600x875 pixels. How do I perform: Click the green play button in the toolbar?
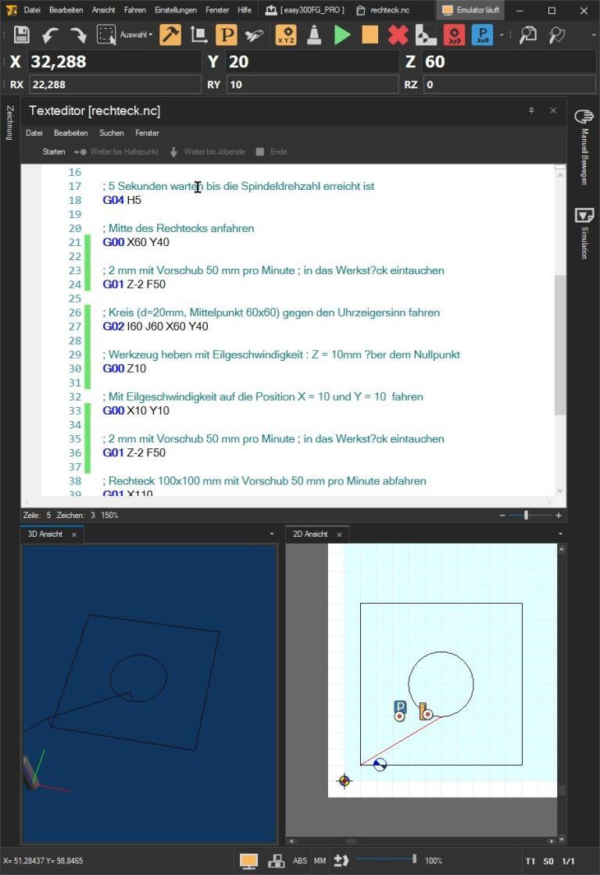pos(342,35)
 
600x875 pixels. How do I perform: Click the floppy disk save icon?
pos(21,35)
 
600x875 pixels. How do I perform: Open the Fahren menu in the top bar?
pos(134,10)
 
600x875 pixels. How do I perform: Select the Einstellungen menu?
pos(176,10)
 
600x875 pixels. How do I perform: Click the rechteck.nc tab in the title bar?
pos(389,10)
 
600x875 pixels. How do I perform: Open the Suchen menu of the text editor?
pos(111,133)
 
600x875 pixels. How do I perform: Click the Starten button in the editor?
pos(54,152)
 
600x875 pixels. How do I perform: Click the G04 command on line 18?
pos(113,200)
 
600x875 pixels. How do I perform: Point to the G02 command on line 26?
pos(113,327)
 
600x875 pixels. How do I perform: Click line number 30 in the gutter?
pos(75,369)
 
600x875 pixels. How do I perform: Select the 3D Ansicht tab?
pos(45,534)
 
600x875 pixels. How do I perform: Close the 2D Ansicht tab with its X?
pos(339,534)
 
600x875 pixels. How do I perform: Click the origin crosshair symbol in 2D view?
pos(344,780)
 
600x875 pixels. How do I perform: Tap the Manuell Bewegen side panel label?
pos(584,148)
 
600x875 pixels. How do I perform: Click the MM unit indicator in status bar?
pos(320,861)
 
